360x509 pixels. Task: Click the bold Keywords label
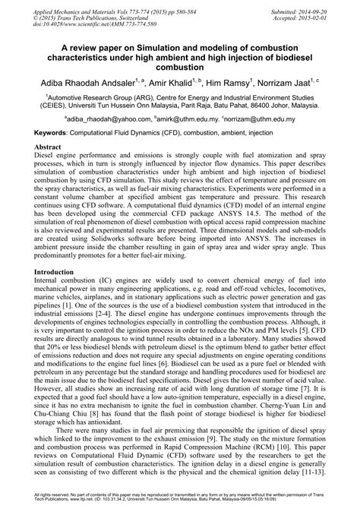coord(52,133)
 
